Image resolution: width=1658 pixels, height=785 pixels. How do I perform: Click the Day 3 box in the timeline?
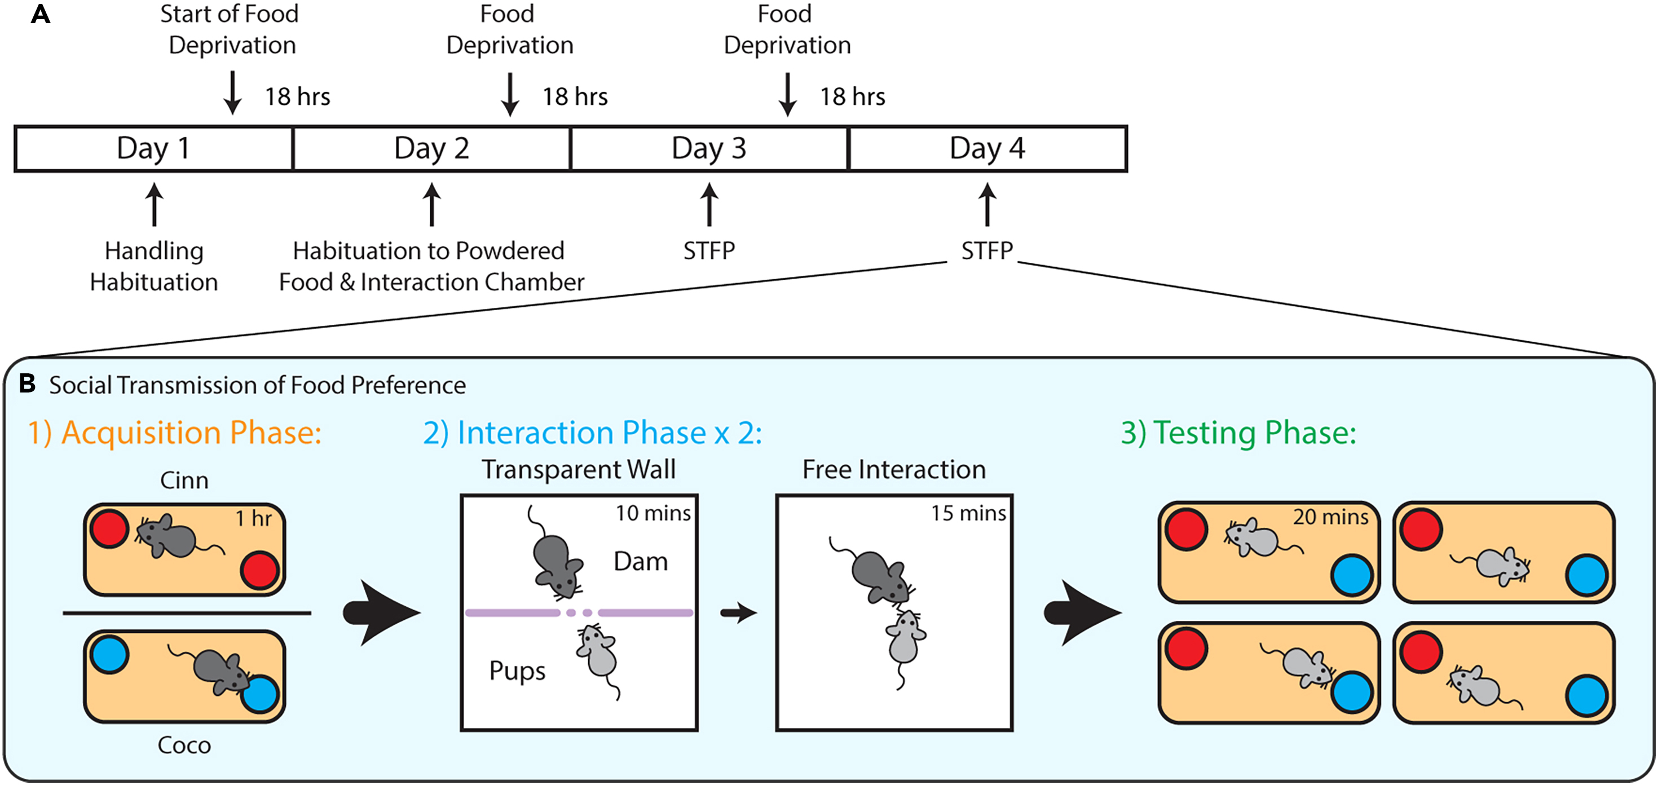pyautogui.click(x=709, y=149)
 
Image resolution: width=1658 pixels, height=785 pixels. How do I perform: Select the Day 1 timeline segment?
pyautogui.click(x=153, y=149)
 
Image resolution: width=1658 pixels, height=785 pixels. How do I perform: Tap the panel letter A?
pyautogui.click(x=40, y=14)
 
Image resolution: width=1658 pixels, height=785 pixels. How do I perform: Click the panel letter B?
pyautogui.click(x=27, y=383)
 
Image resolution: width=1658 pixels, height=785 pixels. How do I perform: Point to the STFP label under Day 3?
pyautogui.click(x=709, y=250)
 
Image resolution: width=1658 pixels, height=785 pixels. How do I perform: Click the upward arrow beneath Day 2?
pyautogui.click(x=432, y=205)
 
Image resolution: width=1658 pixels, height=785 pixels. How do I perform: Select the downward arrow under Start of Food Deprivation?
pyautogui.click(x=232, y=93)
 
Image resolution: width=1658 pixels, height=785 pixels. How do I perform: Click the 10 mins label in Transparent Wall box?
pyautogui.click(x=652, y=514)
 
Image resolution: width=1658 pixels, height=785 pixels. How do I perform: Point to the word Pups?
pyautogui.click(x=517, y=671)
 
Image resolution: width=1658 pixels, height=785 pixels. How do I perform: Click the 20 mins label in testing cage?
pyautogui.click(x=1330, y=517)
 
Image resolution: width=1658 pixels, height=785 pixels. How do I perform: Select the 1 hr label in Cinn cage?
pyautogui.click(x=253, y=519)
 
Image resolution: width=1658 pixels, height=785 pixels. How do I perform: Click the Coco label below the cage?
pyautogui.click(x=184, y=745)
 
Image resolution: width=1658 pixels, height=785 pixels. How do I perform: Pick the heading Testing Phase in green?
pyautogui.click(x=1238, y=433)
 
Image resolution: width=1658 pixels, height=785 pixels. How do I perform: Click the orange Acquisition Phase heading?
pyautogui.click(x=174, y=433)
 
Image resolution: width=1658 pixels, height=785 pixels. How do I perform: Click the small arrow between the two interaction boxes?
pyautogui.click(x=738, y=612)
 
